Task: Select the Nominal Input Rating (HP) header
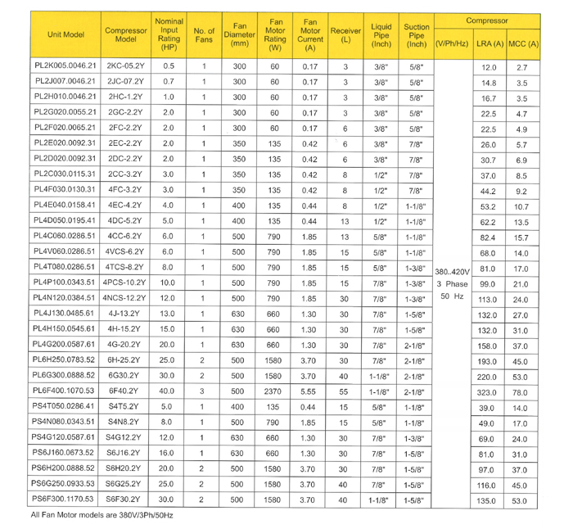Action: coord(169,34)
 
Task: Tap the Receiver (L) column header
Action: coord(345,35)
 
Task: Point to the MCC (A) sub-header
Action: coord(523,43)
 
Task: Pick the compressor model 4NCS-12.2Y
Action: coord(125,299)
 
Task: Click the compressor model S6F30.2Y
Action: coord(125,499)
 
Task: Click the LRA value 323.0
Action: coord(489,393)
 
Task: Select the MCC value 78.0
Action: coord(521,393)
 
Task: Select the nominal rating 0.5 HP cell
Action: coord(169,66)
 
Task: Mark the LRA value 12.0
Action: coord(489,69)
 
